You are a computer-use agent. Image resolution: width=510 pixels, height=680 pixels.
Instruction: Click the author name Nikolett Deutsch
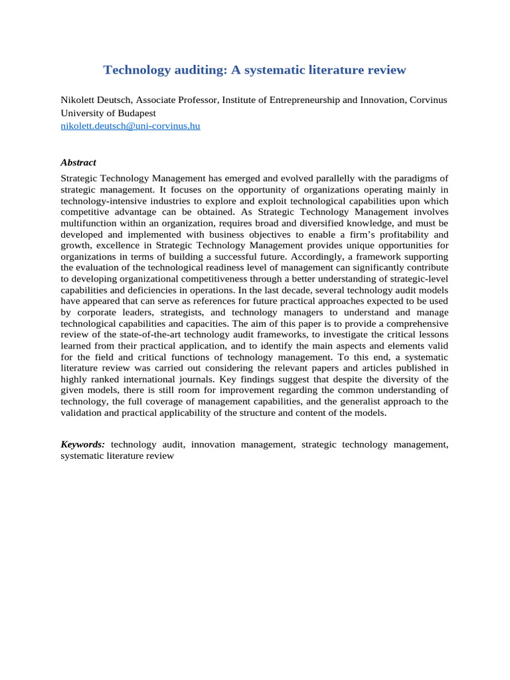pos(96,100)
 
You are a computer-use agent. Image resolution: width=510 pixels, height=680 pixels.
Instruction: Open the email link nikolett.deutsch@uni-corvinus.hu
pos(130,126)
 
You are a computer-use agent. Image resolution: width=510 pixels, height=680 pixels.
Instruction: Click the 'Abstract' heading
pos(78,162)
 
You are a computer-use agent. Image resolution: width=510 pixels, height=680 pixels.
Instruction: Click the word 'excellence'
pos(113,245)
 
